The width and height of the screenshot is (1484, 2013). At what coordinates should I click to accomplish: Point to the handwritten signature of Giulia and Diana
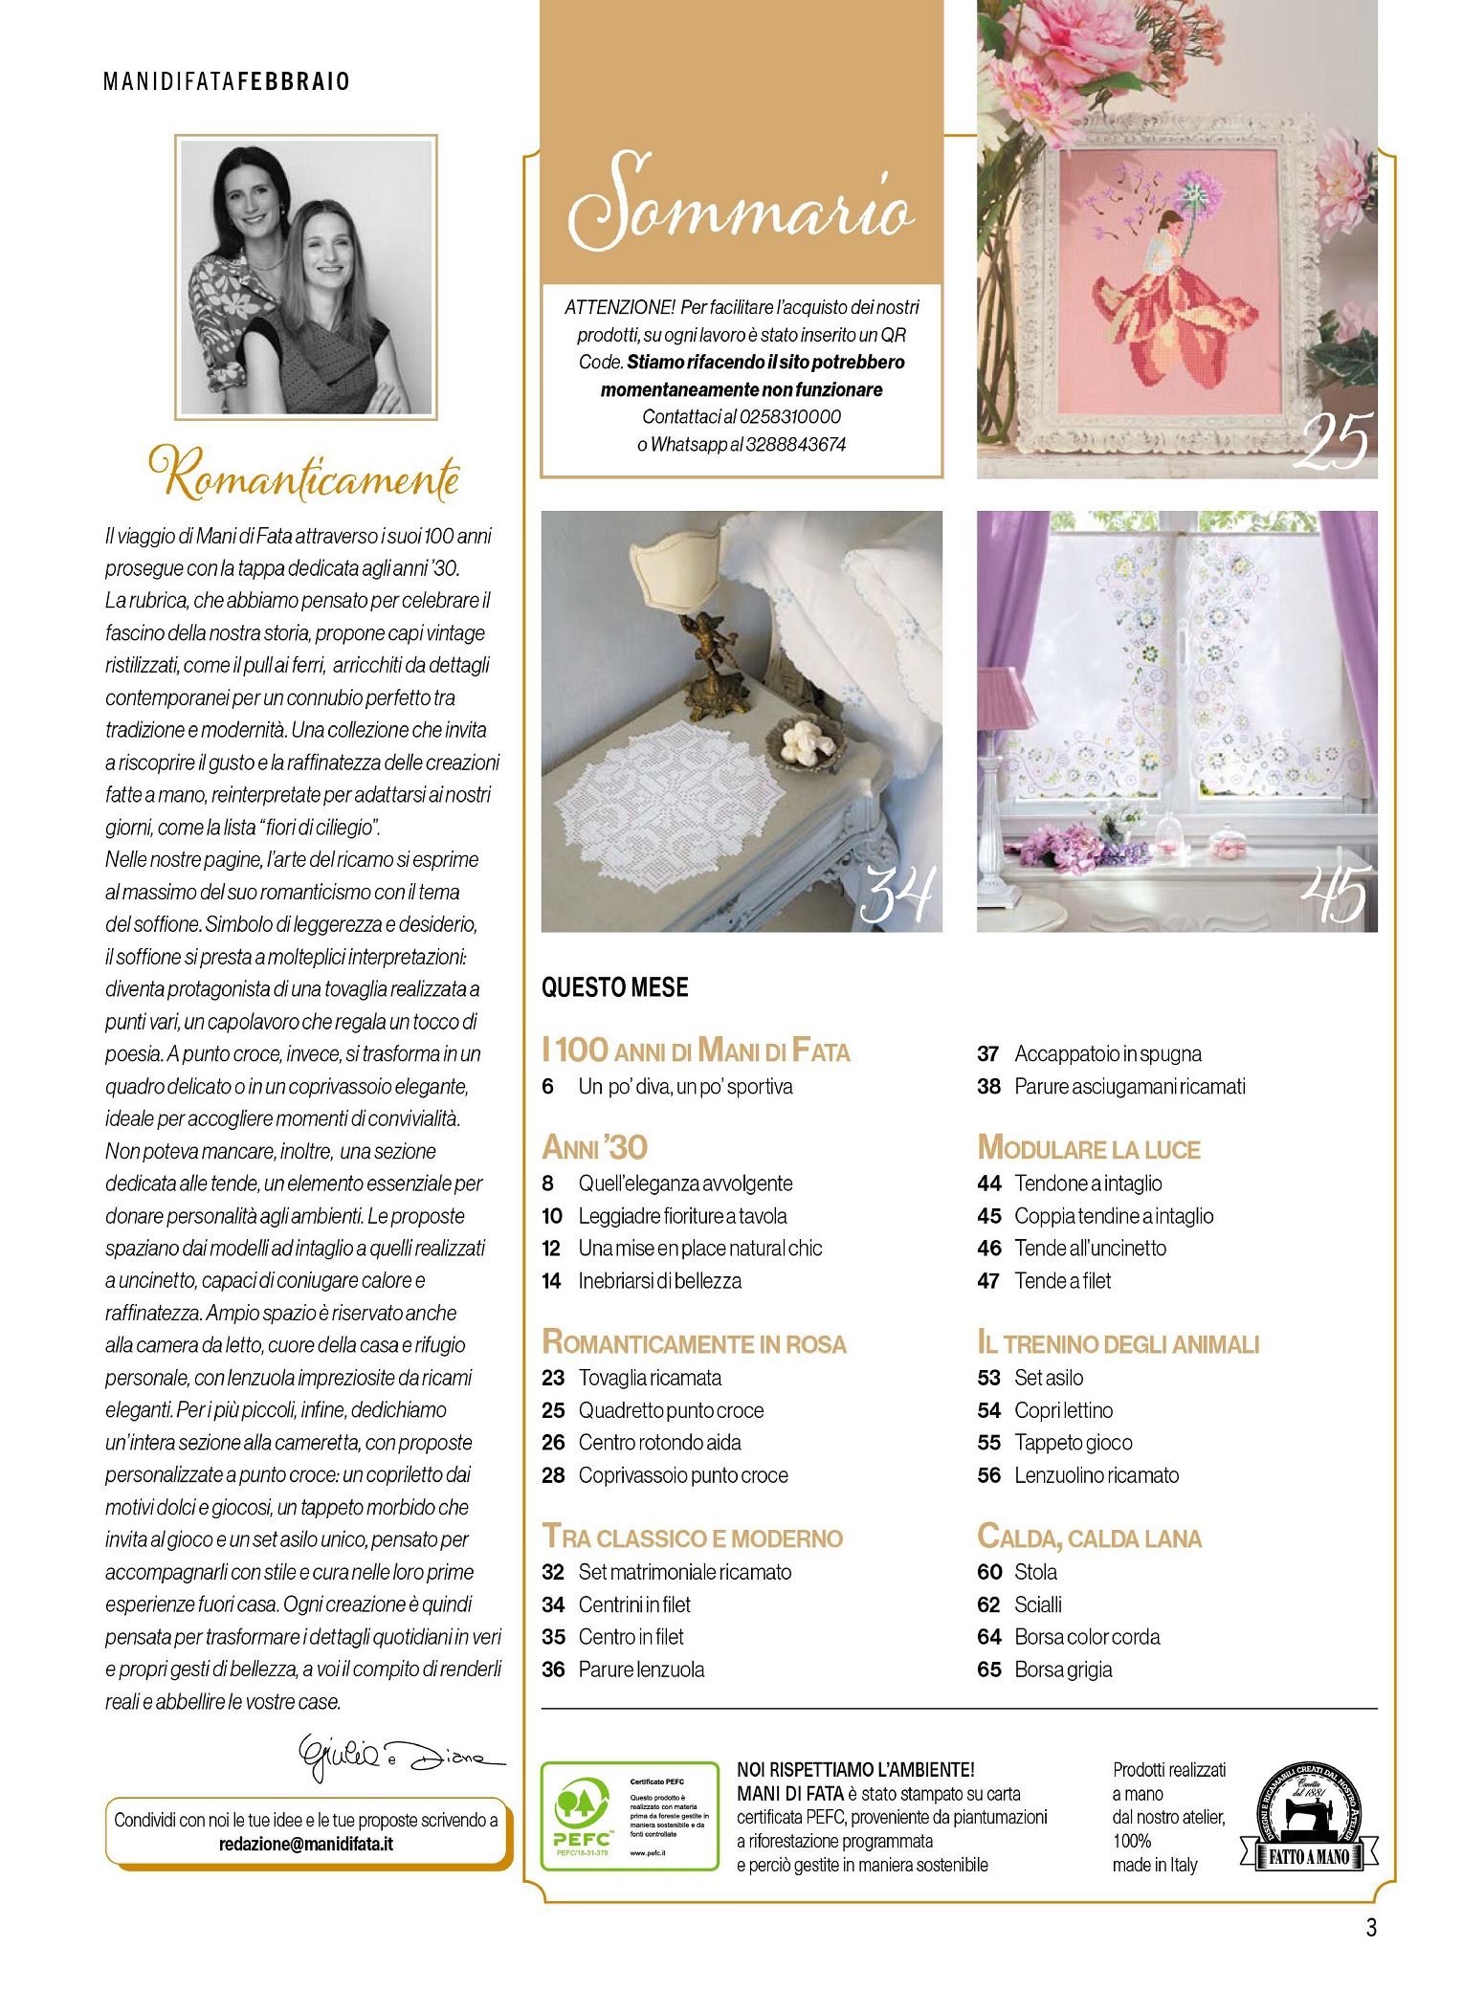(x=400, y=1758)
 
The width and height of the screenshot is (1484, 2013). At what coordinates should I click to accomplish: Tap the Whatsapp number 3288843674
(x=795, y=444)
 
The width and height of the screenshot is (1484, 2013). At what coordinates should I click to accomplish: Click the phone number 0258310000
(x=790, y=416)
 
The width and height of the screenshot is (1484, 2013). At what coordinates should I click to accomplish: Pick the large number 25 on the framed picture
(x=1335, y=441)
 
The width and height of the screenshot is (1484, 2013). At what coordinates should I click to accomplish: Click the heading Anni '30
(x=594, y=1147)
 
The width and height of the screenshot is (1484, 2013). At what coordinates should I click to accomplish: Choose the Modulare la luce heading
(x=1089, y=1148)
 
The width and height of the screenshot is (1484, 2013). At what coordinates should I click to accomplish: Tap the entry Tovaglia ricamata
(x=650, y=1378)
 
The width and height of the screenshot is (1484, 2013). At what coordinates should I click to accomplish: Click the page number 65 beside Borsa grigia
(x=988, y=1670)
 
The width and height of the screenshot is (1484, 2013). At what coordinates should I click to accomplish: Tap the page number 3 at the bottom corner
(x=1371, y=1928)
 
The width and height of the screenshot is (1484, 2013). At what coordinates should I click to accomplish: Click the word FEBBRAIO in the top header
(x=294, y=81)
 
